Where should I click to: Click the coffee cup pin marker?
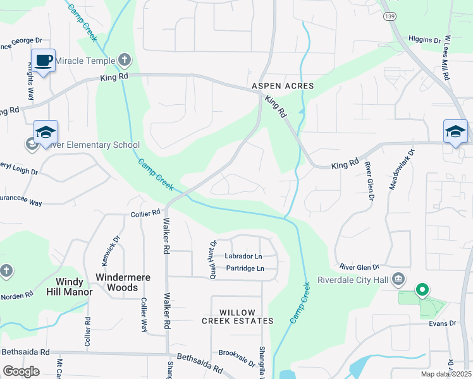coord(43,61)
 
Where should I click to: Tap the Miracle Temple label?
coord(85,61)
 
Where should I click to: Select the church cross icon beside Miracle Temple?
coord(125,61)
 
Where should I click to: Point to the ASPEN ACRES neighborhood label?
coord(283,85)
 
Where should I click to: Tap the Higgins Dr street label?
coord(424,40)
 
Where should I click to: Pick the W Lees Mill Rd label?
coord(446,57)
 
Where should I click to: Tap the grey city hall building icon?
coord(398,279)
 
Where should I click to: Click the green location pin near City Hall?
coord(422,291)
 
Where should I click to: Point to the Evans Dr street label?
coord(443,323)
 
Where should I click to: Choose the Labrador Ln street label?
coord(243,256)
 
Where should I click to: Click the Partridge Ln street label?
coord(243,269)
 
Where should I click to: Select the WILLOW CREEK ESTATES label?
coord(238,316)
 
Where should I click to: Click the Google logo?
coord(21,371)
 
